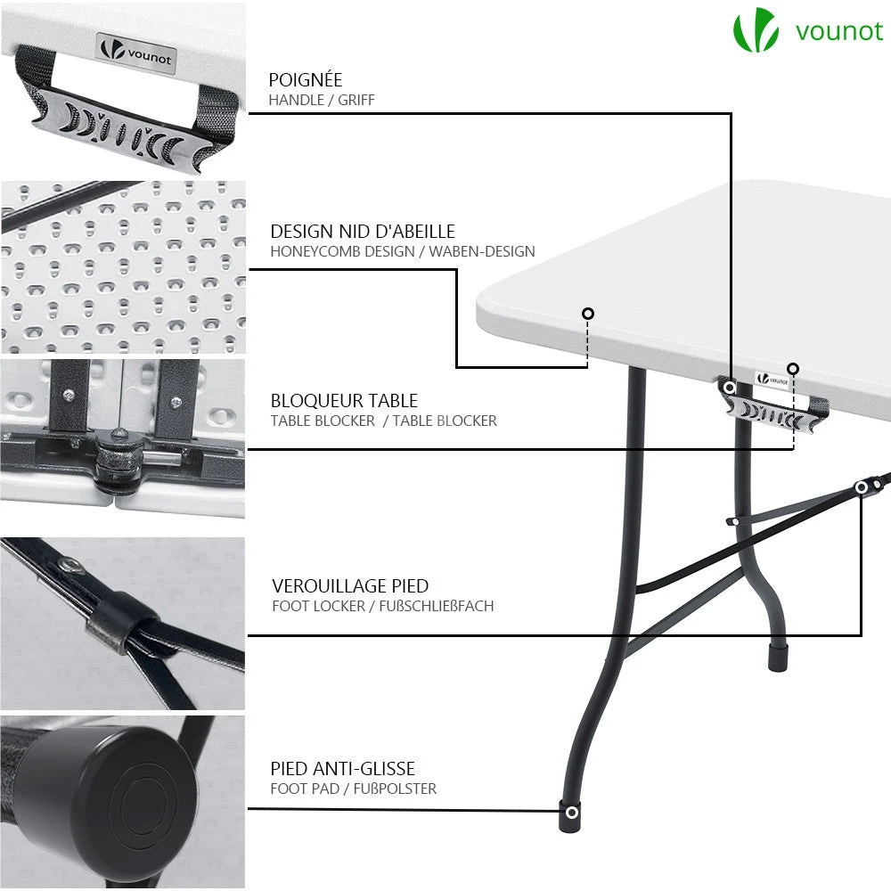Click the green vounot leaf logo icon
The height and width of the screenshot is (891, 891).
click(756, 31)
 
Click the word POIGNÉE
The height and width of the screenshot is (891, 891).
click(306, 80)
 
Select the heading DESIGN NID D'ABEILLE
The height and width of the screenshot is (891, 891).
click(363, 232)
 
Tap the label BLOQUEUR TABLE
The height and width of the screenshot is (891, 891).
click(344, 401)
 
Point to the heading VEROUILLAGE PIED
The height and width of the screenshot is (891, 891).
click(350, 586)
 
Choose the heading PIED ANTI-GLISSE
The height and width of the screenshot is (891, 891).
click(343, 768)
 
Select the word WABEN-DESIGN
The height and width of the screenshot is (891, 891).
click(482, 252)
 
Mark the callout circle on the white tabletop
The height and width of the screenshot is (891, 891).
click(588, 314)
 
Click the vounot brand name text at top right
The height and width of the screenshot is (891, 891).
click(838, 31)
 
